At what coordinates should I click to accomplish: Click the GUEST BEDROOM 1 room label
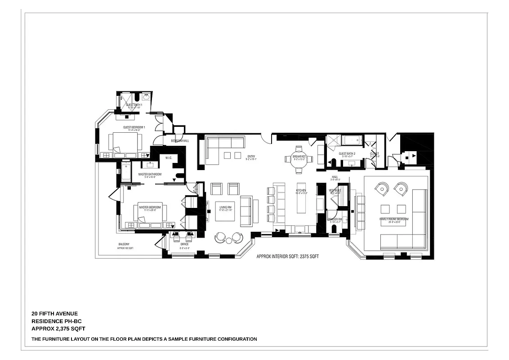134,127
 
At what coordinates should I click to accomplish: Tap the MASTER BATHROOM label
150,174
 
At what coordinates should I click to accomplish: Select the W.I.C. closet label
169,158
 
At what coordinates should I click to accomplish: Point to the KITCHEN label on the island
301,191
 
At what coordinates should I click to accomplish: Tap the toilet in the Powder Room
334,229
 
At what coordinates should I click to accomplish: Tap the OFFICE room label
184,244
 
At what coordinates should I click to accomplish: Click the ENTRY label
251,157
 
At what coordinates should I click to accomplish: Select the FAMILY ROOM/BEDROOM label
394,219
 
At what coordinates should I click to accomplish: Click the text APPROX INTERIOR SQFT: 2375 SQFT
287,256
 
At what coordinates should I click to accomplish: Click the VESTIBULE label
335,190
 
